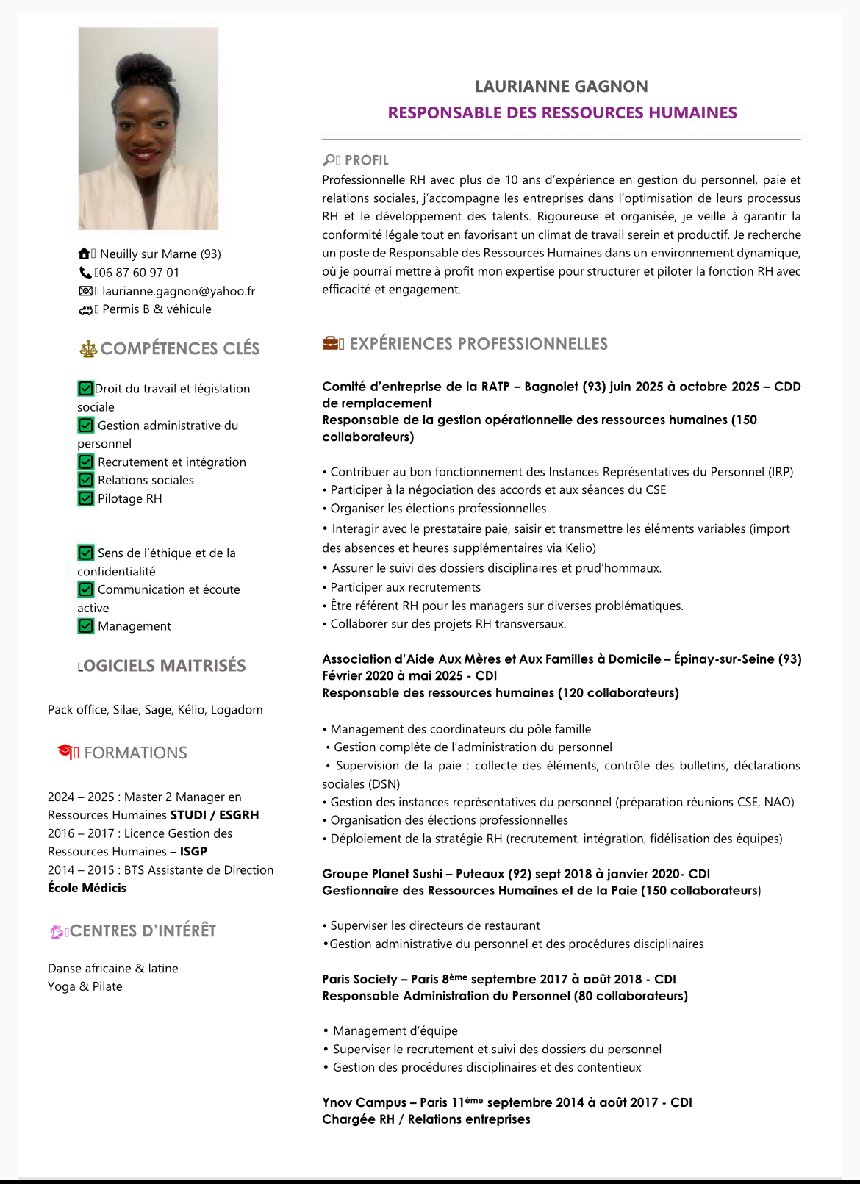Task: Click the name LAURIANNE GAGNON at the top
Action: [561, 87]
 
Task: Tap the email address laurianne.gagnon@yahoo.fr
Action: [179, 291]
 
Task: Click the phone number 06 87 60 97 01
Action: [139, 273]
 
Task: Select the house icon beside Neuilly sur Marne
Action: [85, 254]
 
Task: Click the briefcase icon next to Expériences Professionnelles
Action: [332, 343]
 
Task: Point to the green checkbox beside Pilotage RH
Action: [86, 498]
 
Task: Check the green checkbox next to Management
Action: [86, 626]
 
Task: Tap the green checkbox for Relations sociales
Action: [86, 480]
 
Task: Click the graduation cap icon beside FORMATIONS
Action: [66, 751]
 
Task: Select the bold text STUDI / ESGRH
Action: [215, 815]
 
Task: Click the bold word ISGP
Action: [193, 852]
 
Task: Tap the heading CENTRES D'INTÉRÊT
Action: [143, 931]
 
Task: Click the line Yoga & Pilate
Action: [85, 986]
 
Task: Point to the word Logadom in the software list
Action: [237, 710]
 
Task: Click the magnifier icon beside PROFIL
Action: [329, 159]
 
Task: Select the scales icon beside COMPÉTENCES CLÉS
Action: [88, 348]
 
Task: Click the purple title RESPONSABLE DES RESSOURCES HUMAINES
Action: [562, 113]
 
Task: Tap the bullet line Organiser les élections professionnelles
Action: [438, 509]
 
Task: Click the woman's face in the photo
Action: [145, 121]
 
